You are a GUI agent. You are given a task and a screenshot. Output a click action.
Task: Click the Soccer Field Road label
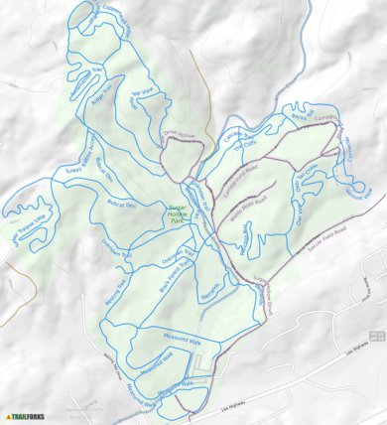tap(328, 230)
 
